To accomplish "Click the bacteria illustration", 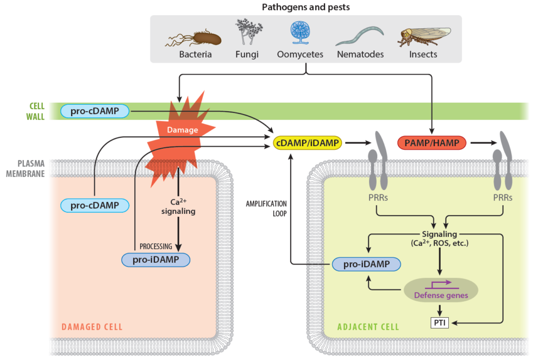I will tap(196, 38).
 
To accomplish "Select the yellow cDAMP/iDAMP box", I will tap(308, 143).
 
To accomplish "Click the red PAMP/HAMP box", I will tap(431, 143).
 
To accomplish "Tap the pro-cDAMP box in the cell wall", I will tap(95, 111).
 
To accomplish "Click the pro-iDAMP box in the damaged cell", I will tap(156, 260).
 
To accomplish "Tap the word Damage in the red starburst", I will tap(183, 131).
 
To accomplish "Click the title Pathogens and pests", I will tap(305, 7).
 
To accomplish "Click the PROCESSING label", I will tap(155, 246).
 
